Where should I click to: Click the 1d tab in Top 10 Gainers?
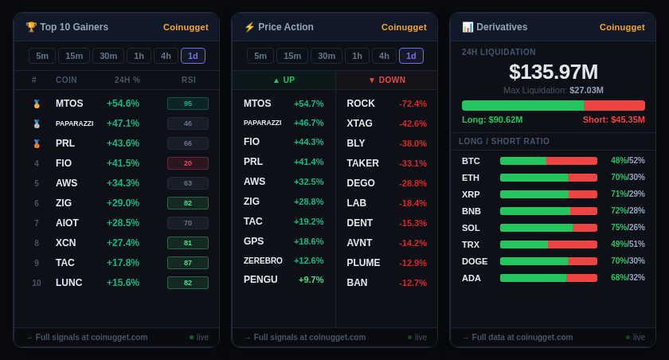[x=193, y=56]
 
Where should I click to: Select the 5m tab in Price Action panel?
[x=260, y=56]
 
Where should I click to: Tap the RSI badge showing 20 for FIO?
[x=188, y=163]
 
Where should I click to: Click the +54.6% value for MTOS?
[x=123, y=104]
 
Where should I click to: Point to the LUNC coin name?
[x=69, y=283]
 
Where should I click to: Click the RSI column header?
[x=189, y=80]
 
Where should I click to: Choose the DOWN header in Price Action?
[x=387, y=80]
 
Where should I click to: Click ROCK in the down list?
[x=361, y=104]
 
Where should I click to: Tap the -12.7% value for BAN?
[x=413, y=283]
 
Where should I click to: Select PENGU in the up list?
[x=260, y=280]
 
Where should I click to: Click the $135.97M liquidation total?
[x=554, y=72]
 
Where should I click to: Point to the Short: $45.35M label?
[x=613, y=119]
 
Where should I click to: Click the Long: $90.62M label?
[x=492, y=119]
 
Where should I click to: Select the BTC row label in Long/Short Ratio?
[x=471, y=161]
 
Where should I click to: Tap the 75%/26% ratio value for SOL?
[x=628, y=228]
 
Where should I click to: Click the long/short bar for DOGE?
[x=549, y=261]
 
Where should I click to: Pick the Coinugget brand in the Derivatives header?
[x=622, y=27]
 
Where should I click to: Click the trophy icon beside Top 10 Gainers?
[x=31, y=27]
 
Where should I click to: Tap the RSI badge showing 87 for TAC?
[x=188, y=263]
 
